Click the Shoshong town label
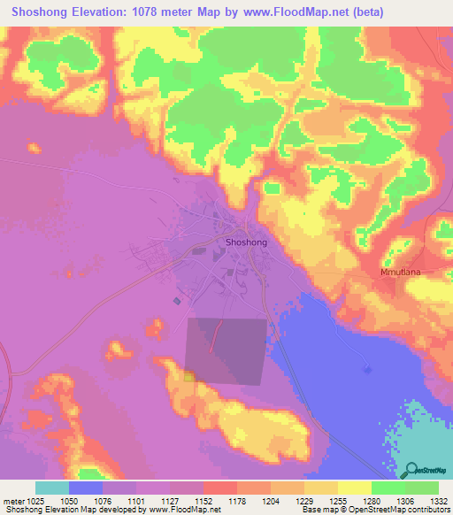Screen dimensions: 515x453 point(246,241)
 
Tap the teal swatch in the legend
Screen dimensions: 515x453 point(52,488)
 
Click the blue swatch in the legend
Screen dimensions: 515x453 point(86,488)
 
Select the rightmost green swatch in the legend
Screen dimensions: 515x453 point(421,488)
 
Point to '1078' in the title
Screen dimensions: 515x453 point(159,13)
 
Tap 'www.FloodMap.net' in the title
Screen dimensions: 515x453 point(305,13)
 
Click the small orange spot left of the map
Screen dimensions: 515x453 point(34,148)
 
